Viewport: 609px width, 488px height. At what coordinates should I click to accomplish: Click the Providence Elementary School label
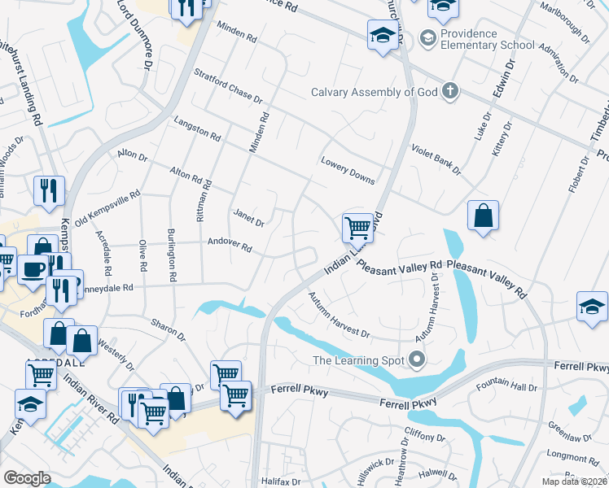pyautogui.click(x=487, y=39)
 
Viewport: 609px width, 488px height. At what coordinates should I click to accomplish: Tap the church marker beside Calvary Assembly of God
pyautogui.click(x=450, y=91)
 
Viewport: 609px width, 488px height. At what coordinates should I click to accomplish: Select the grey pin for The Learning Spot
pyautogui.click(x=418, y=359)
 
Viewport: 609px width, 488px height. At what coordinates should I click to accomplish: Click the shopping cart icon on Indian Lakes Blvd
pyautogui.click(x=357, y=227)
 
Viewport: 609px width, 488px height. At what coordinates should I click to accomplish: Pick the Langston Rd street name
pyautogui.click(x=197, y=128)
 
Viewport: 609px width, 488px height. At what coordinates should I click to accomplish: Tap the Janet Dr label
pyautogui.click(x=249, y=217)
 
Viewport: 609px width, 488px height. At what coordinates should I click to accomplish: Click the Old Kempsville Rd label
pyautogui.click(x=108, y=208)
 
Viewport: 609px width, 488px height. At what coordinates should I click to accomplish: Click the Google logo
pyautogui.click(x=27, y=478)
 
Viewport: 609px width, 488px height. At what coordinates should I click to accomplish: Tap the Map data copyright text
pyautogui.click(x=575, y=481)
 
